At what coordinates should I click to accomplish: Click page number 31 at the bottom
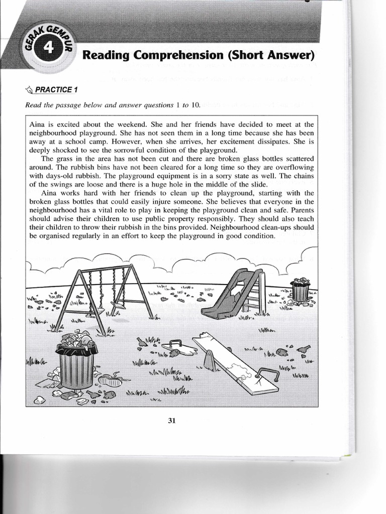[x=171, y=421]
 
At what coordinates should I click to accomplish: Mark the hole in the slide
[x=236, y=292]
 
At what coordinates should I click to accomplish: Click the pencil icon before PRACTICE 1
[x=29, y=90]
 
